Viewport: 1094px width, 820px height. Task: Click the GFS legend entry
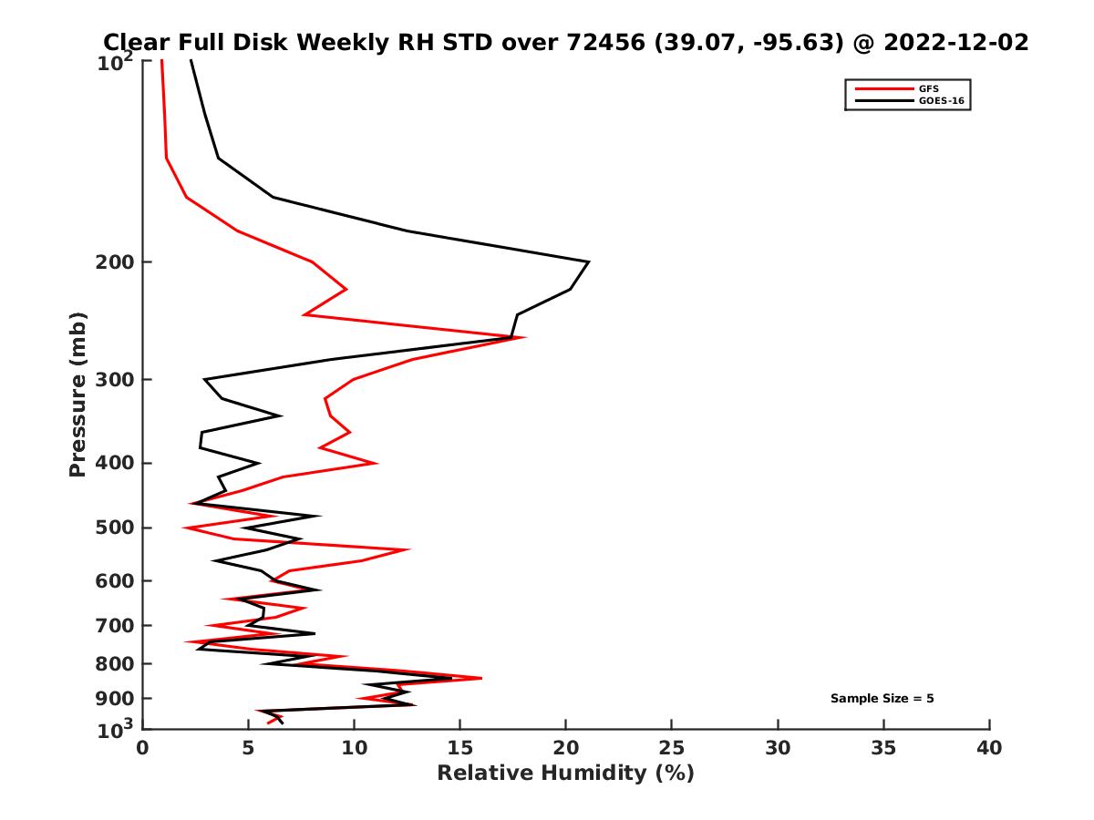(928, 88)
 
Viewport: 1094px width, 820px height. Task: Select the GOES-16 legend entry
(939, 100)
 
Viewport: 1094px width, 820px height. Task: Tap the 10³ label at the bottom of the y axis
(117, 729)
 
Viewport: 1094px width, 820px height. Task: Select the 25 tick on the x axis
(672, 748)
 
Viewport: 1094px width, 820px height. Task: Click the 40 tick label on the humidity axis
(989, 748)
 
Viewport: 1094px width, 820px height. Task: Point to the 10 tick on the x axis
(354, 748)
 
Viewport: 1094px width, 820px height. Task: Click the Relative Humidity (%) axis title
(565, 774)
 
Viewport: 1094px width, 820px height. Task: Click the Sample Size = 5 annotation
(882, 699)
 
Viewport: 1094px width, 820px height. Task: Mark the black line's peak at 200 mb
(589, 262)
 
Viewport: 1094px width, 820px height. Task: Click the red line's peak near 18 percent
(524, 338)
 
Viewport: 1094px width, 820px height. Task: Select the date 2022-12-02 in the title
(951, 42)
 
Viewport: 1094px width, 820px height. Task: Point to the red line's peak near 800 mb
(480, 678)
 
